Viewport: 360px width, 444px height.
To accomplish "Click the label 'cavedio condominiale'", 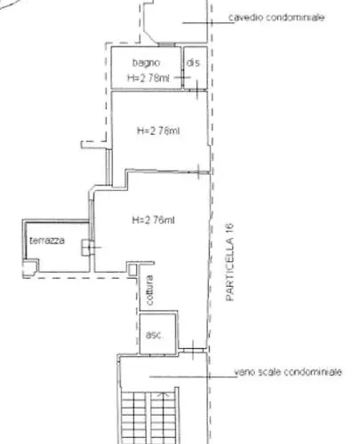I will point(276,18).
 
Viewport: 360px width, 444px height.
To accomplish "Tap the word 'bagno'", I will point(146,63).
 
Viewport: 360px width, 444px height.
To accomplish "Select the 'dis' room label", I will point(193,63).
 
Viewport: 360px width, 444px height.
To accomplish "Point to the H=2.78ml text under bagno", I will point(148,77).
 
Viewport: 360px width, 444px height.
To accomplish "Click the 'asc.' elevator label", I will point(153,335).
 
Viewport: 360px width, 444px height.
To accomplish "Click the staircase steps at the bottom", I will point(151,417).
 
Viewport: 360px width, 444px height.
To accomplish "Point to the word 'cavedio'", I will point(244,18).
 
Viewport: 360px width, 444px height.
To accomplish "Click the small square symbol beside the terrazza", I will point(86,248).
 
